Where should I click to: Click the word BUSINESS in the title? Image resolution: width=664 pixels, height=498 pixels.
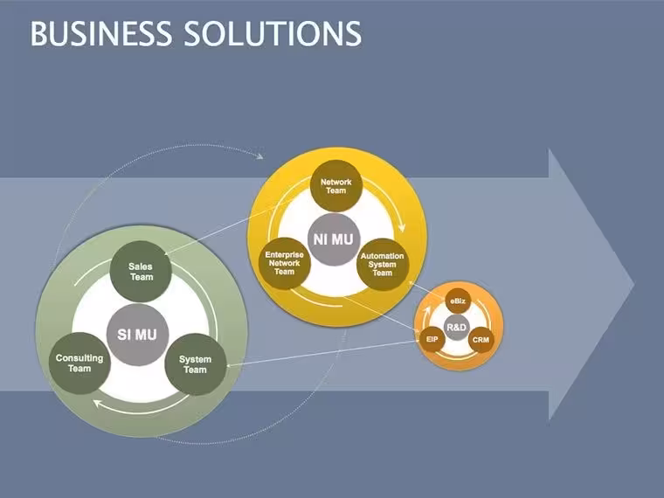tap(101, 33)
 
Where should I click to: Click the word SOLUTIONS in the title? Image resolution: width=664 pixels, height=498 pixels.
tap(273, 33)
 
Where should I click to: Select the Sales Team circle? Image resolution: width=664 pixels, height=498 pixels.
tap(141, 272)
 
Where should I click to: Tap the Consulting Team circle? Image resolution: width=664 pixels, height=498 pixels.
tap(80, 363)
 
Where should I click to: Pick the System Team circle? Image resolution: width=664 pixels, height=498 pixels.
tap(195, 364)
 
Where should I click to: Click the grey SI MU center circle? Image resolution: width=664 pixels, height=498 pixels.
tap(137, 335)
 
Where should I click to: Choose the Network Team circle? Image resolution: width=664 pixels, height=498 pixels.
tap(336, 186)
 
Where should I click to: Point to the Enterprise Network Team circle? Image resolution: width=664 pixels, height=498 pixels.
tap(285, 263)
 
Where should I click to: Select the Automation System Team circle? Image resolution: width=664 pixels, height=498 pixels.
tap(383, 264)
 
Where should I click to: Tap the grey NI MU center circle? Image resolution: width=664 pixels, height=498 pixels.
tap(334, 239)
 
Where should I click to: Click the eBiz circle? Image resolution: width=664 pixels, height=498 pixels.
tap(458, 301)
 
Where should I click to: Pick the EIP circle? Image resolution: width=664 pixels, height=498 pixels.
tap(432, 339)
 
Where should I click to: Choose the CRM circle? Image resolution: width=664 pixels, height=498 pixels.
tap(481, 340)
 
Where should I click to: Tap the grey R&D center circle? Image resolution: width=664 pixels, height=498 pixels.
tap(456, 328)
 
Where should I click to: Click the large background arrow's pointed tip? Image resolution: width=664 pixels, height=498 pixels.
tap(634, 284)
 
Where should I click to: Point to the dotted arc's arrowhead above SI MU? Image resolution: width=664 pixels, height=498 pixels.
tap(260, 156)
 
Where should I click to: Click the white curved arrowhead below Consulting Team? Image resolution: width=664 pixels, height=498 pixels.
tap(97, 404)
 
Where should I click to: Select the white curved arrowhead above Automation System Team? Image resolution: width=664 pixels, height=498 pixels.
tap(401, 227)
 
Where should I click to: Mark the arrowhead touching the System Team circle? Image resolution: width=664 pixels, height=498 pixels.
tap(230, 365)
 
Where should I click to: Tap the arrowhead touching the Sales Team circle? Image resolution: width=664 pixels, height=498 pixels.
tap(167, 253)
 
